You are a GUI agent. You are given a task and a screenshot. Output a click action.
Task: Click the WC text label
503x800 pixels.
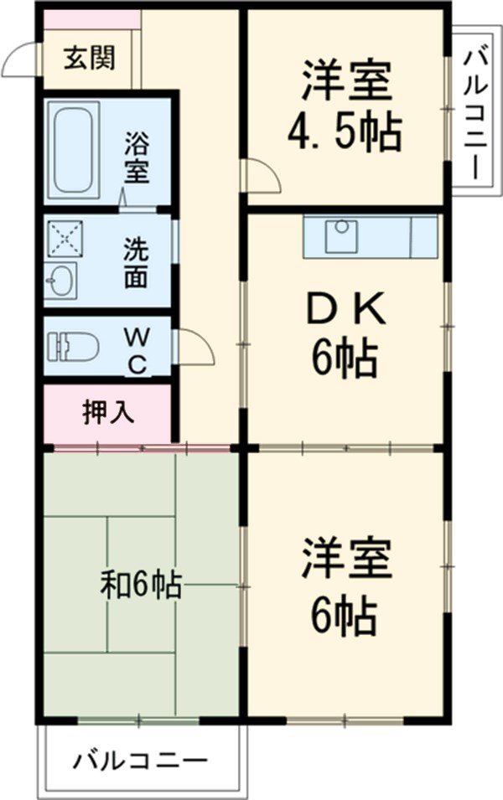point(137,350)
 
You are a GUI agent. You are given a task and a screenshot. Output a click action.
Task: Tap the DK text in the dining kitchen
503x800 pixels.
point(345,312)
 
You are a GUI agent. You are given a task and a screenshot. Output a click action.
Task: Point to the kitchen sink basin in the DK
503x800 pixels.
point(343,236)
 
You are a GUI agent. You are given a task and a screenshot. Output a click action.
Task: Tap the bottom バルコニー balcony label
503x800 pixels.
point(140,761)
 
